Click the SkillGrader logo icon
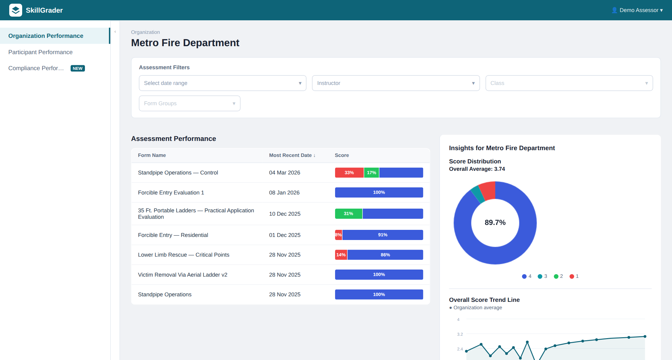[15, 10]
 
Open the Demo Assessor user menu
[637, 10]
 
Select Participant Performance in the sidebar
[40, 52]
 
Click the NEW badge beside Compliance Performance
[78, 68]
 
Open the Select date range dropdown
[222, 83]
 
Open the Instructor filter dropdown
[396, 83]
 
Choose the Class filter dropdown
[569, 83]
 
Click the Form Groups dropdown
[190, 103]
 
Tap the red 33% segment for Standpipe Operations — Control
[349, 173]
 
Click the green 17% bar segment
[371, 173]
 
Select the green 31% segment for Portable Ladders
[349, 214]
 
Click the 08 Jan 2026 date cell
[284, 193]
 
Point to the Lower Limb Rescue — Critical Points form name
[184, 255]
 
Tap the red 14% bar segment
[341, 255]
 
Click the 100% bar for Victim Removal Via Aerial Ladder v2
[379, 274]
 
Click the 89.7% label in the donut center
[495, 222]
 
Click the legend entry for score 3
[542, 276]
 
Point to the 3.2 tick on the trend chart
[460, 334]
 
